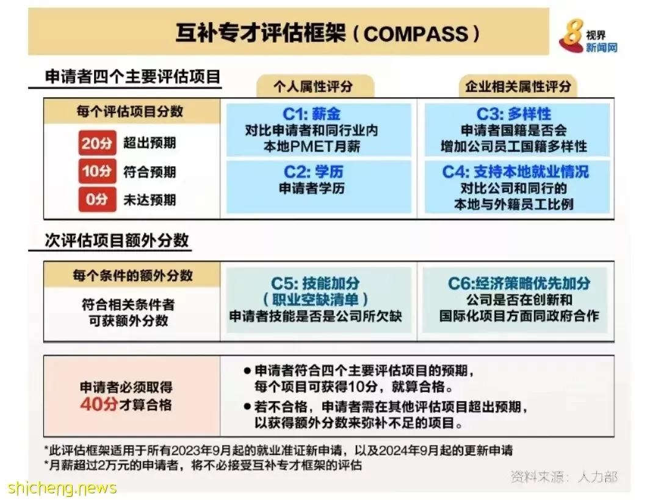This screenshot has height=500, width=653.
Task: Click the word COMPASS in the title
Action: pos(416,34)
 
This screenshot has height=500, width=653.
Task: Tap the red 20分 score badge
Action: pos(97,143)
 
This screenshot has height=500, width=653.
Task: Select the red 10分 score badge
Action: pos(97,171)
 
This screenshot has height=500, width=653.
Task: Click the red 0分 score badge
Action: pos(97,199)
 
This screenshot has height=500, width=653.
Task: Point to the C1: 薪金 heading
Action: pos(312,114)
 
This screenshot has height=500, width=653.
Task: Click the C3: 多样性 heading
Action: pos(514,114)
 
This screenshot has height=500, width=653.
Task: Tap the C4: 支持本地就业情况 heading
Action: pos(516,171)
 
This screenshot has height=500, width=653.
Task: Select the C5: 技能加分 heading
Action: pos(316,283)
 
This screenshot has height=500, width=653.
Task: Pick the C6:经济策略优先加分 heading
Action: pos(519,283)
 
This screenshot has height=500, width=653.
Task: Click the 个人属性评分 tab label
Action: pos(313,86)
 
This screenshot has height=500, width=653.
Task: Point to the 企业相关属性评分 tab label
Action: pos(518,86)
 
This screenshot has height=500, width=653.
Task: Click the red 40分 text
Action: pos(99,404)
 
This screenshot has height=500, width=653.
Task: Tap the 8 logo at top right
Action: pos(571,35)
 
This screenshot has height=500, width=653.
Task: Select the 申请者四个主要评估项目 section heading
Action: pos(132,77)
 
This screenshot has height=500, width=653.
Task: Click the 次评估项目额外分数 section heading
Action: pos(117,240)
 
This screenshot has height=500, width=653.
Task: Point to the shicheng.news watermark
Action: pos(62,488)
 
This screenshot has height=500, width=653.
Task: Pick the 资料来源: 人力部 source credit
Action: pos(564,476)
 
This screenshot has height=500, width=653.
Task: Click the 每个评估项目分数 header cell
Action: pos(130,111)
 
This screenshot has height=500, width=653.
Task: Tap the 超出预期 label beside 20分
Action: pos(150,143)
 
